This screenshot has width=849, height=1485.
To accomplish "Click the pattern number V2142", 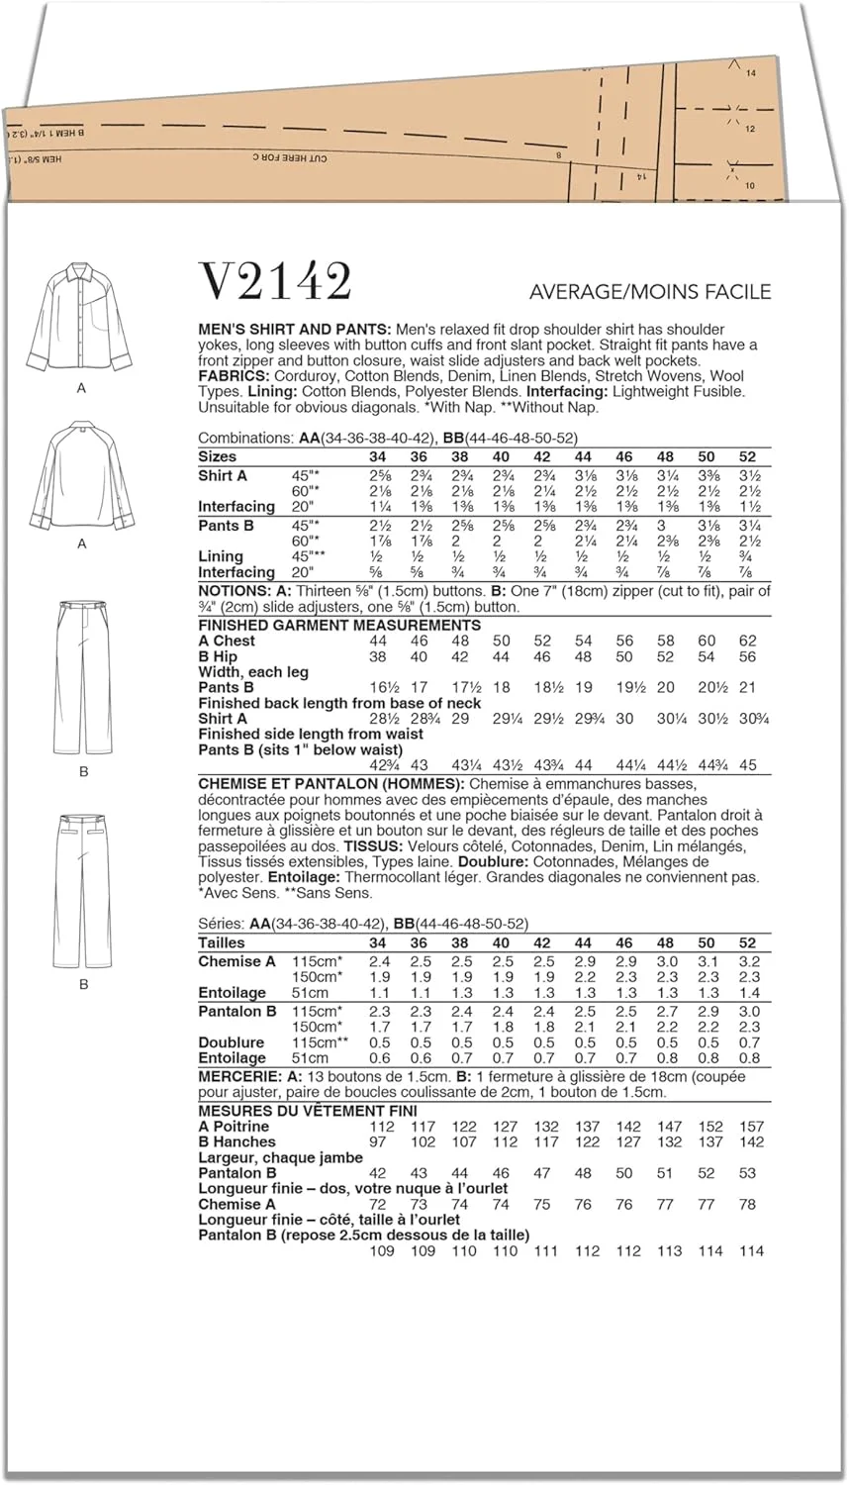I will tap(275, 282).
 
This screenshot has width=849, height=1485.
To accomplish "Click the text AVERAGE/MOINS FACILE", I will tap(650, 292).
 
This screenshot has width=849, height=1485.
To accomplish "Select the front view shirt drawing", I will tap(81, 319).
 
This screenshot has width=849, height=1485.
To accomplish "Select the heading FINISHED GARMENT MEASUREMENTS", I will tap(339, 625).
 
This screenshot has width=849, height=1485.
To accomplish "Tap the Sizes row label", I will tap(218, 456).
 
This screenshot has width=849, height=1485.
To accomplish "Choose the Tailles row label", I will tap(222, 942).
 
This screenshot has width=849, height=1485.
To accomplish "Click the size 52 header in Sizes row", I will tap(747, 456).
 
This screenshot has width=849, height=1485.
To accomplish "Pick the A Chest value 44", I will tap(378, 641).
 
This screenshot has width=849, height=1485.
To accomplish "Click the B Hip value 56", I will tap(747, 656).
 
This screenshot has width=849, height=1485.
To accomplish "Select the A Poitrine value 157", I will tap(751, 1126).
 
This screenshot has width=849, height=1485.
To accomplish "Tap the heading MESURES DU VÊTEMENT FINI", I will tap(308, 1111).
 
